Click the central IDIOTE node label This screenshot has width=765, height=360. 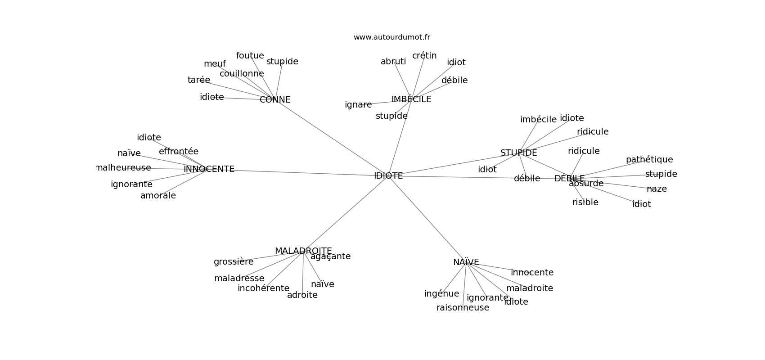[388, 176]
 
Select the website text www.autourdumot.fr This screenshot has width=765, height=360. [391, 37]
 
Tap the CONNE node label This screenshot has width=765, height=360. [275, 100]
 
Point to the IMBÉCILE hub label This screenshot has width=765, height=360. [411, 99]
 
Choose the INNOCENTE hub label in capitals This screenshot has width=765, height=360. [209, 169]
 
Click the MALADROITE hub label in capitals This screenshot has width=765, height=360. [303, 251]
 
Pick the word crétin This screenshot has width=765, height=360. [424, 56]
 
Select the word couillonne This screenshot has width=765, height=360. [242, 74]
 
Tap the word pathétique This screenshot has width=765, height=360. [649, 160]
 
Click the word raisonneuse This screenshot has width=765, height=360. [463, 308]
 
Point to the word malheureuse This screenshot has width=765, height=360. [123, 168]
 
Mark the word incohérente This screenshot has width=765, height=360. [263, 288]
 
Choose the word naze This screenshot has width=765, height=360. [657, 189]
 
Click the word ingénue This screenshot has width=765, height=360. [441, 294]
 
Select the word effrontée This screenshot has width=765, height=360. [179, 152]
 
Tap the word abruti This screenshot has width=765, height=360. [393, 62]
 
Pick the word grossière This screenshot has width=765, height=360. [234, 262]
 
